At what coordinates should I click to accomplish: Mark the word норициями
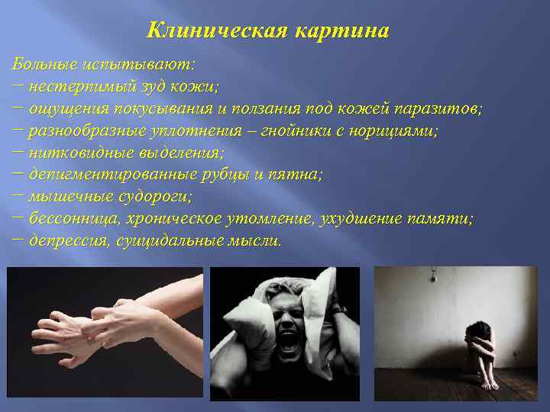point(394,130)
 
